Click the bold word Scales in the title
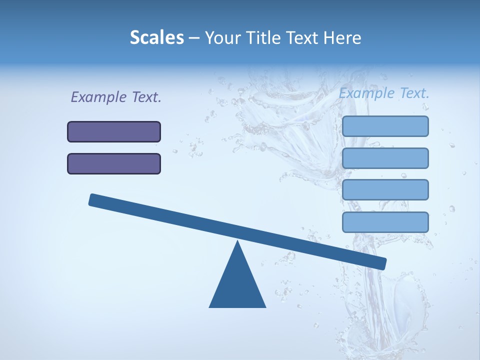coord(156,37)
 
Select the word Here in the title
coord(342,37)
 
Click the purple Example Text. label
coord(116,97)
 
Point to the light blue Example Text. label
coord(384,93)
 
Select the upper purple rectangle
coord(114,131)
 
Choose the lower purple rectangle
coord(114,163)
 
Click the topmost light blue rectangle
coord(385,126)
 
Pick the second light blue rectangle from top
coord(385,158)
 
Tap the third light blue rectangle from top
coord(385,190)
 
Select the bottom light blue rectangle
coord(385,222)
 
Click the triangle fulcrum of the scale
coord(237,285)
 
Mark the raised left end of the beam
coord(93,199)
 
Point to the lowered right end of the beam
coord(382,263)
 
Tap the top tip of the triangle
coord(237,242)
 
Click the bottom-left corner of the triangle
coord(210,306)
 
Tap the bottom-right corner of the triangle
coord(265,306)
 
